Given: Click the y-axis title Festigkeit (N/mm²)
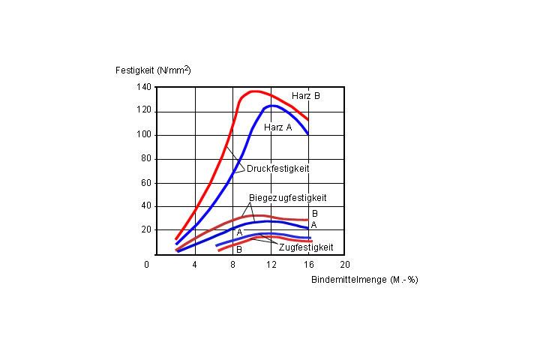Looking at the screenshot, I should [x=153, y=70].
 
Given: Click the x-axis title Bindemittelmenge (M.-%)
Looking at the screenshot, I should [x=364, y=279].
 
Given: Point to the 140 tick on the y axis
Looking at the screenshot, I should [x=143, y=87].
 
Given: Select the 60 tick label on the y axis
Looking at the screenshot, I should [x=145, y=183].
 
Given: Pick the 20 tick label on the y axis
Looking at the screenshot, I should [x=145, y=229].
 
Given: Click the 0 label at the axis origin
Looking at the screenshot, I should [x=148, y=265].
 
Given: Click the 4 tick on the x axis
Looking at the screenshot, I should [x=195, y=265].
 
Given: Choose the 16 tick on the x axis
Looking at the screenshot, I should [x=308, y=265].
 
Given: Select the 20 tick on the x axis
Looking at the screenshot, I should [x=345, y=265].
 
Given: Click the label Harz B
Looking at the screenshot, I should [x=306, y=96].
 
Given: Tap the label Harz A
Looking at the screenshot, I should [x=278, y=127].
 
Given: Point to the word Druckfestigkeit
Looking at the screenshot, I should [x=277, y=169].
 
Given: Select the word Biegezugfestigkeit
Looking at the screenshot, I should [x=287, y=198].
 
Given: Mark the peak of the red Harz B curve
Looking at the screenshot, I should [x=254, y=91].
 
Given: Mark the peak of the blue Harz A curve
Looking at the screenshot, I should [x=274, y=106].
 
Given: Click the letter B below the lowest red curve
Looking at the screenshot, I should [x=238, y=249].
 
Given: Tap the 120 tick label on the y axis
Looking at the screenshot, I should [x=143, y=111].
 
